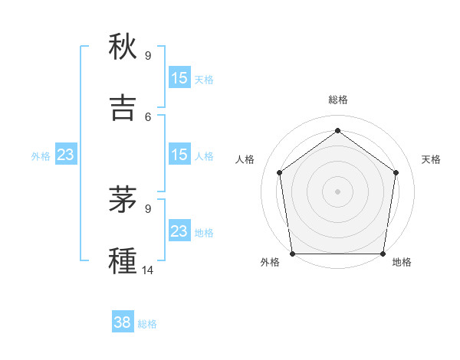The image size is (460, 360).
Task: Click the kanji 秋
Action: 123,47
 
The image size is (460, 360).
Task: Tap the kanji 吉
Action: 123,107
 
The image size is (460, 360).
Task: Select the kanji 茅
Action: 123,201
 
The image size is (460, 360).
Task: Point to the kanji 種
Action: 123,260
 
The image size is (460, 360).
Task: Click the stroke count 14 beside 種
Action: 148,270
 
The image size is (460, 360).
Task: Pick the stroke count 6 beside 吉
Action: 148,116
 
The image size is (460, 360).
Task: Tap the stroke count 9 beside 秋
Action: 148,56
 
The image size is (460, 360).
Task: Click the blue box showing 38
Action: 123,323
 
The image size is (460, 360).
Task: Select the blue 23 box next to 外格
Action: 65,155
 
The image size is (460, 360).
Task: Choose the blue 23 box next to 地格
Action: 179,231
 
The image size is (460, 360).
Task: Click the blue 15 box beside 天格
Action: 179,78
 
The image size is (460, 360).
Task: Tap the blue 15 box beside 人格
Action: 179,155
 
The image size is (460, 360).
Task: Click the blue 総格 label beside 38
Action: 147,324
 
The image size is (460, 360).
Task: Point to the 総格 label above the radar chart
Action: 337,100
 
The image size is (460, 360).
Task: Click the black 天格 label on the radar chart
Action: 431,159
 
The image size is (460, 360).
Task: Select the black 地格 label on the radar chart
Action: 402,262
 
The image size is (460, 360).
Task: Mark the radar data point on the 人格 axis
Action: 280,172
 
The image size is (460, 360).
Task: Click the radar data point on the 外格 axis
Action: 293,254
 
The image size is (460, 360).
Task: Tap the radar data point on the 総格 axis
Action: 337,131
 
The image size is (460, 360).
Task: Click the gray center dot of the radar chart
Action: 337,191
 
